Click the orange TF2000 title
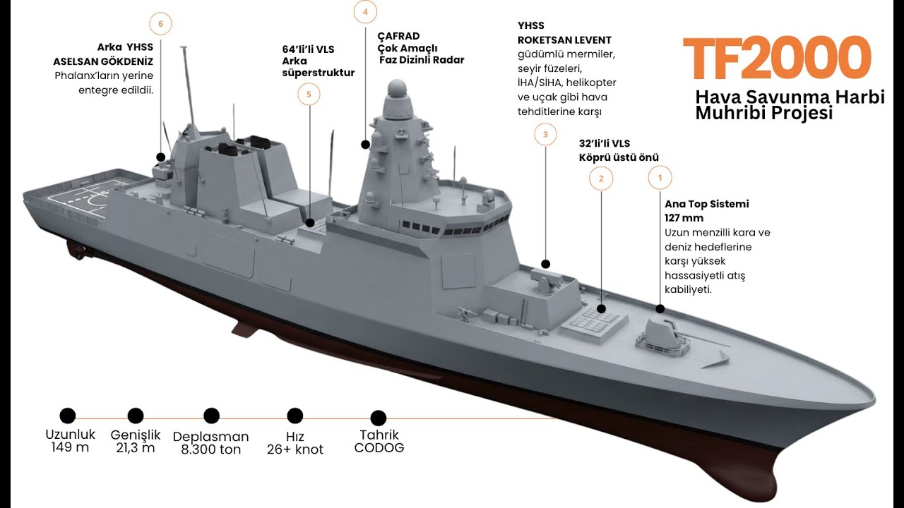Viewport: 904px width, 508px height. tap(777, 58)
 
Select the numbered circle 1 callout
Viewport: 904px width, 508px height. tap(660, 178)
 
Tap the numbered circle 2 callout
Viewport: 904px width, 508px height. tap(601, 179)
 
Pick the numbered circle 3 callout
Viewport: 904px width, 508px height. tap(545, 134)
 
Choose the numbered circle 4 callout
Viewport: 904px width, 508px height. tap(365, 12)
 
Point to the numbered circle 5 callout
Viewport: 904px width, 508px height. tap(309, 95)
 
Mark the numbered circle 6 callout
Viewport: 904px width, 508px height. tap(160, 24)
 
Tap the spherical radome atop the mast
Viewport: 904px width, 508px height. tap(397, 89)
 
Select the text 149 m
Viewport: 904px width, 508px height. tap(70, 447)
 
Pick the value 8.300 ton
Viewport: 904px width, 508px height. tap(210, 449)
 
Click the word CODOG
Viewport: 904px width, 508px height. tap(379, 447)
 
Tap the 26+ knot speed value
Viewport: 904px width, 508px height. tap(295, 449)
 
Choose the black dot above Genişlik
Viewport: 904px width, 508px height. tap(135, 416)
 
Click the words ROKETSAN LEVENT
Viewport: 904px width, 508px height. tap(564, 40)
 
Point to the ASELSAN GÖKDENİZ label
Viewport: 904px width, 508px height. tap(103, 61)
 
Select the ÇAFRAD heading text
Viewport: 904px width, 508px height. tap(398, 36)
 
